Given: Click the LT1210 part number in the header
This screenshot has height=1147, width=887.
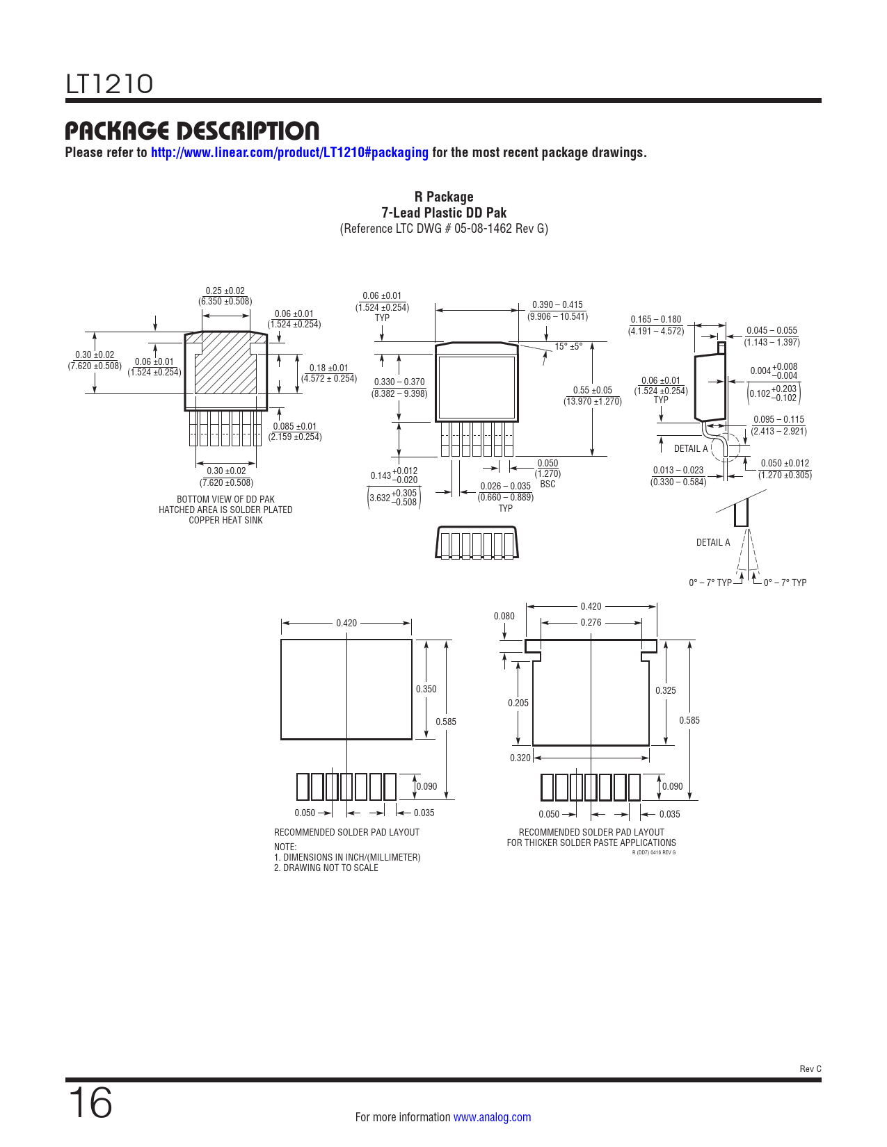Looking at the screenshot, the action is pos(109,84).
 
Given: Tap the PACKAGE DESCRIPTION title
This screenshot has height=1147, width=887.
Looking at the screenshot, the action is pos(192,131).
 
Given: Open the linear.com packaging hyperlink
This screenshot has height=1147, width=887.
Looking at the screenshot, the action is pos(289,152).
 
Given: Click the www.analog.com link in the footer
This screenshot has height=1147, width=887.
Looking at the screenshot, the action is pos(492,1117).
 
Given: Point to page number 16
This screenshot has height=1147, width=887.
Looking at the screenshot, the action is pos(90,1103).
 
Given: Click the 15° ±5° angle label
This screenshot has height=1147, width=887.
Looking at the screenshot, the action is pos(568,347).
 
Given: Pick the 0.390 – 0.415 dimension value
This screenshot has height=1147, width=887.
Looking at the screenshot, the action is pos(557,305).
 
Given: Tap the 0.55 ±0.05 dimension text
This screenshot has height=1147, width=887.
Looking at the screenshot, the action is pos(592,391).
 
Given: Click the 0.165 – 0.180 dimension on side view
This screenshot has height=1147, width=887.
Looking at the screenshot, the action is pos(655,319).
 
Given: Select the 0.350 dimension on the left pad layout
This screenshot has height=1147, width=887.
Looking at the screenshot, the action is pos(426,689).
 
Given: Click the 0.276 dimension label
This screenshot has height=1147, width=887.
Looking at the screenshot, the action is pos(591,622).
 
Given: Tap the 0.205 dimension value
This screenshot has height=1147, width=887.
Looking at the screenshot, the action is pos(518,703).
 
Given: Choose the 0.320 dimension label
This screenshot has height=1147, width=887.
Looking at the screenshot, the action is pos(520,758).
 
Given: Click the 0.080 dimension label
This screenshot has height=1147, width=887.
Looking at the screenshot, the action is pos(504,616).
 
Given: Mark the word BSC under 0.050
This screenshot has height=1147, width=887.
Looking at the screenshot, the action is pos(548,484).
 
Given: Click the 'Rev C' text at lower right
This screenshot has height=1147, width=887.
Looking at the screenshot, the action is pos(810,1069).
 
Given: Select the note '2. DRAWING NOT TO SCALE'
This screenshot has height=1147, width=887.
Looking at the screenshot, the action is pos(326,868).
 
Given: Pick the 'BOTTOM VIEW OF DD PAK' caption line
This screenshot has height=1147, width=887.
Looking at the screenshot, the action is pos(225,499).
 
